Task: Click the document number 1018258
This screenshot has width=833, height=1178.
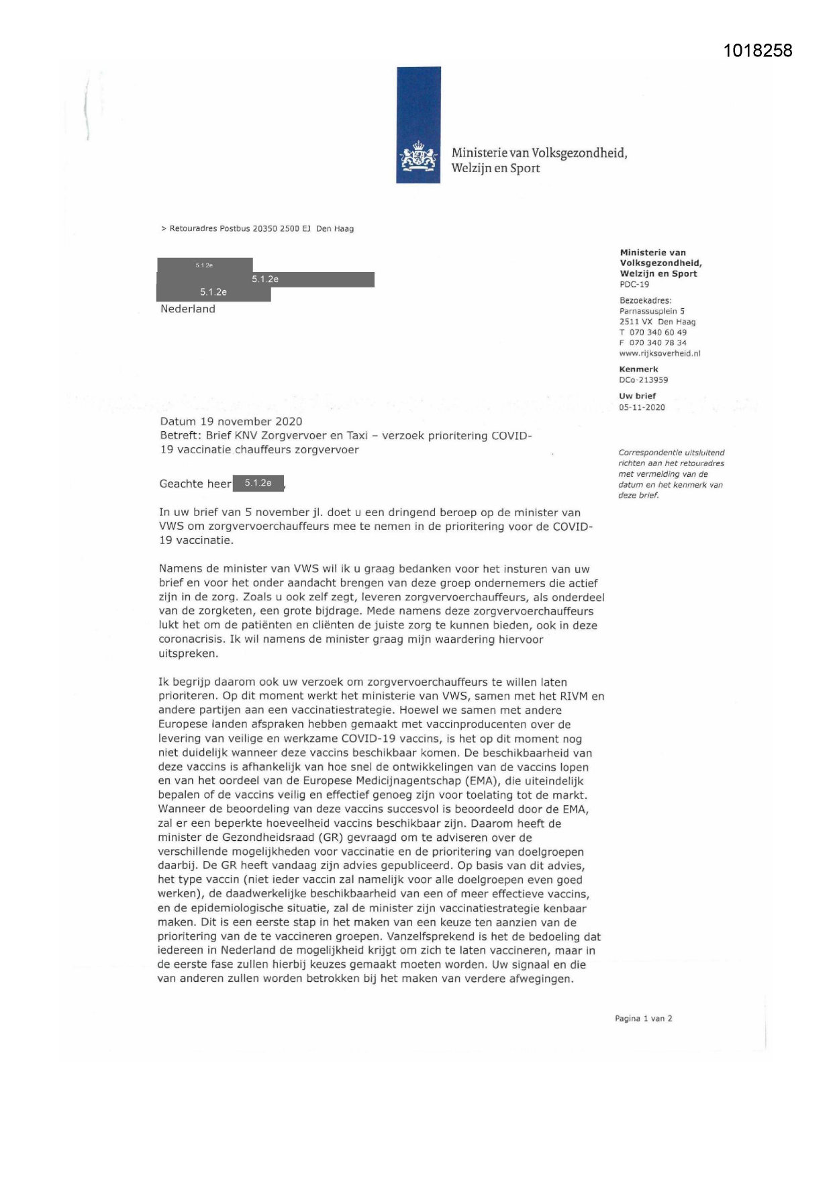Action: tap(758, 50)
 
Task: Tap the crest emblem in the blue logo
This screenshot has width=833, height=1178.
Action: tap(419, 159)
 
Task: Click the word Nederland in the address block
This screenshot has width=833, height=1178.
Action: tap(188, 309)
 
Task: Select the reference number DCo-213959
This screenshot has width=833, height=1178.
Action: tap(644, 379)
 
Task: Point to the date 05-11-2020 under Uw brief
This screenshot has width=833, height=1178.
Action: tap(642, 407)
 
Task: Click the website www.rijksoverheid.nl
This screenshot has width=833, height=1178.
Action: tap(660, 353)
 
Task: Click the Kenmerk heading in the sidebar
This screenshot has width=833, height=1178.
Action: tap(639, 369)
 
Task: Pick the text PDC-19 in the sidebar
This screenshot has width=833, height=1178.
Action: tap(634, 284)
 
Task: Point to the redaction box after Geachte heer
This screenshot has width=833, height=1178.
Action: tap(258, 483)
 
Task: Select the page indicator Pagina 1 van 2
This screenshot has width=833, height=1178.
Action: tap(644, 1018)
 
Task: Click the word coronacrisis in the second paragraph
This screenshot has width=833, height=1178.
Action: tap(191, 639)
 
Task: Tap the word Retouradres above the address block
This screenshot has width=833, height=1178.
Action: tap(193, 228)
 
